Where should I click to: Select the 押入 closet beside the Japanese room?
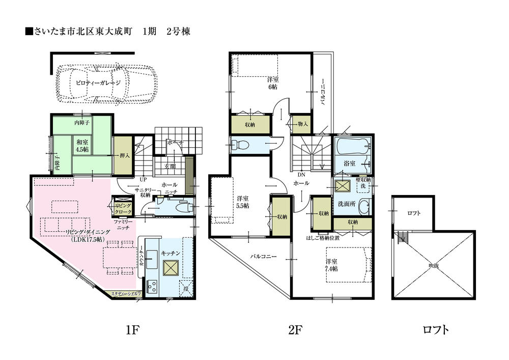coord(124,156)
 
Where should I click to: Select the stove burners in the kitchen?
coord(152,286)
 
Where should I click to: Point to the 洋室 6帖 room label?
coord(273,84)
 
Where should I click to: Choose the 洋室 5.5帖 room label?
coord(243,202)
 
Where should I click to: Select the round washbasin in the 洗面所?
coord(363,207)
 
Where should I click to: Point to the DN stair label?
coord(301,174)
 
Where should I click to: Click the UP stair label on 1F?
coord(144,179)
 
